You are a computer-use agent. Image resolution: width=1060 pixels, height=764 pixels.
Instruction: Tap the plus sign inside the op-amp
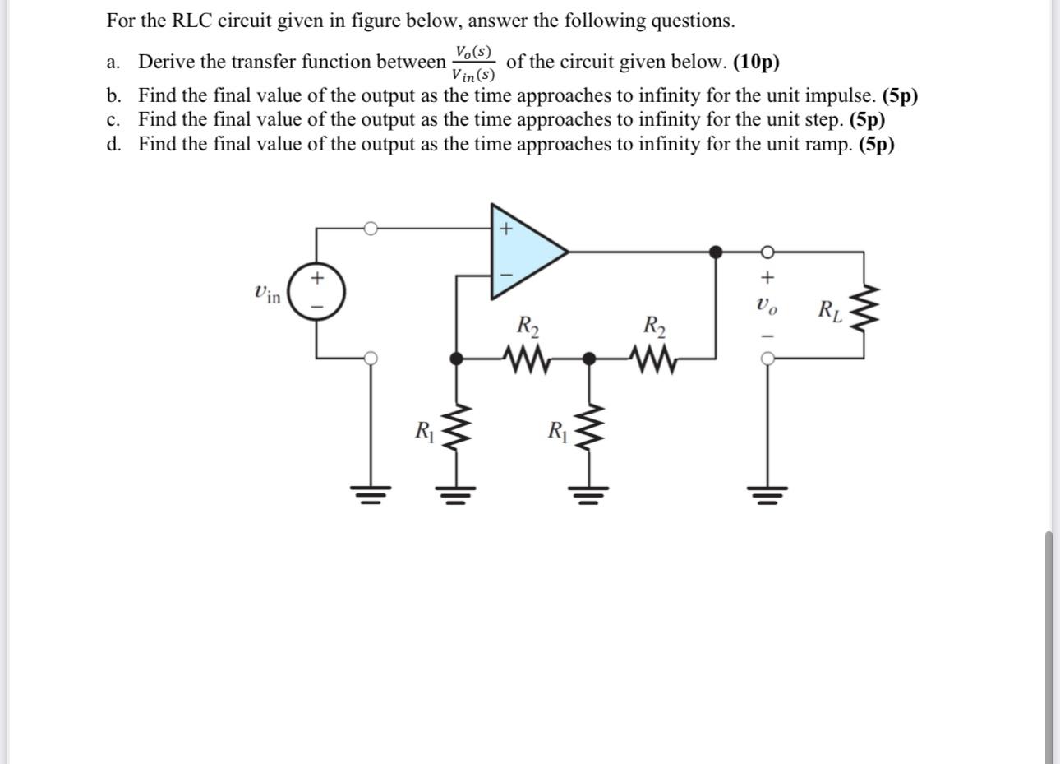tap(506, 229)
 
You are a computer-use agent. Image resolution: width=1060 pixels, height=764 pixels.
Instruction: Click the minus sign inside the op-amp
tap(506, 274)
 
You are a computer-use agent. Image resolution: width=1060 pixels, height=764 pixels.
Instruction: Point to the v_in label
tap(267, 292)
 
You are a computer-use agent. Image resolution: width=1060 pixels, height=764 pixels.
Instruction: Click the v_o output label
tap(765, 307)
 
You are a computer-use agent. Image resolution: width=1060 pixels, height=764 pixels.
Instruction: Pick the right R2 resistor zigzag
tap(653, 359)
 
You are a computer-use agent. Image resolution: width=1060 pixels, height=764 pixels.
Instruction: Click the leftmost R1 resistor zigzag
tap(457, 431)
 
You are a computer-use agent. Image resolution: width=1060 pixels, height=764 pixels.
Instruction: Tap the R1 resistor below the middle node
tap(588, 431)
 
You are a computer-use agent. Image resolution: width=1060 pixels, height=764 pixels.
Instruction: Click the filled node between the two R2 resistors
tap(588, 359)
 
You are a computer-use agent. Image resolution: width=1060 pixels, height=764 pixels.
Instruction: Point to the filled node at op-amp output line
tap(716, 251)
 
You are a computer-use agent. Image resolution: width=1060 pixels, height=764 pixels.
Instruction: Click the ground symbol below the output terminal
tap(767, 493)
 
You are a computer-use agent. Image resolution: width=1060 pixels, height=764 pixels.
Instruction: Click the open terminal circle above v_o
tap(767, 251)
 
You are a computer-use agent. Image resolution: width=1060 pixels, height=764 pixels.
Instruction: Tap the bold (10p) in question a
tap(756, 62)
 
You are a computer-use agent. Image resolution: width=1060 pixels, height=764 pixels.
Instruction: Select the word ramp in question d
tap(828, 145)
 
